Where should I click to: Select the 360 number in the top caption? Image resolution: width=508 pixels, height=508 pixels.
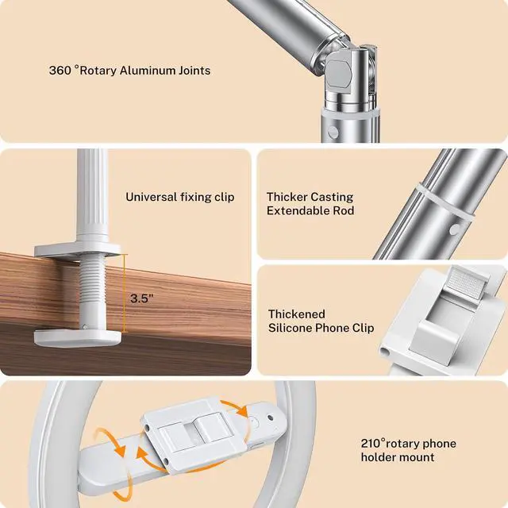click(60, 71)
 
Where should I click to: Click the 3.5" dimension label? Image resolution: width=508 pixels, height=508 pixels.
click(140, 299)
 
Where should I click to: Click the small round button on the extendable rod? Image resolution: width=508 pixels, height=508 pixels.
click(454, 229)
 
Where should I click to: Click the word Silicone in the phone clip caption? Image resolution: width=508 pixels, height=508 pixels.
click(290, 328)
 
